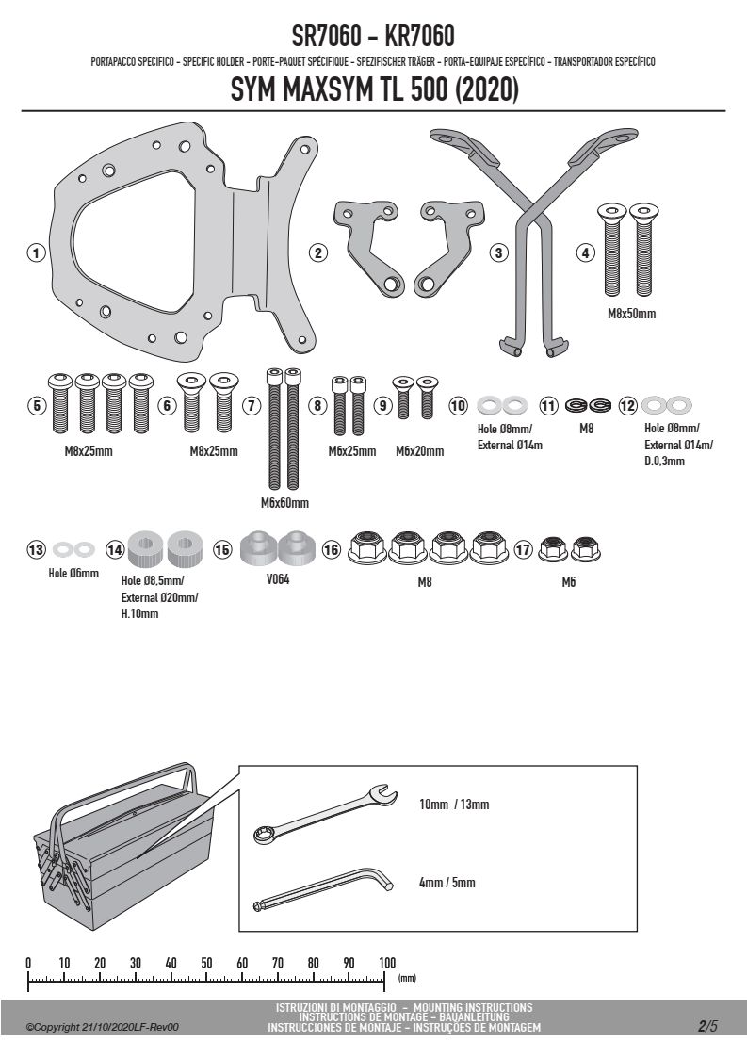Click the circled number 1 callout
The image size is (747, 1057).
pos(36,252)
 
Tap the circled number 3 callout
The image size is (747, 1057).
pos(498,252)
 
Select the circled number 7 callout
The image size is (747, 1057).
pos(252,405)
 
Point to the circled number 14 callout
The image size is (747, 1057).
pos(115,549)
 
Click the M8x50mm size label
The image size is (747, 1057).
pos(631,314)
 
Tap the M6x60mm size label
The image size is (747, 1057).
pos(284,503)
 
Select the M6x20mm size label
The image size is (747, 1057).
pos(419,451)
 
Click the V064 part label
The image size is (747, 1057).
pos(278,579)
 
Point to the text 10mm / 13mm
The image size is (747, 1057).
pos(454,805)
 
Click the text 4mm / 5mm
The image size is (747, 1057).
pos(447,883)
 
